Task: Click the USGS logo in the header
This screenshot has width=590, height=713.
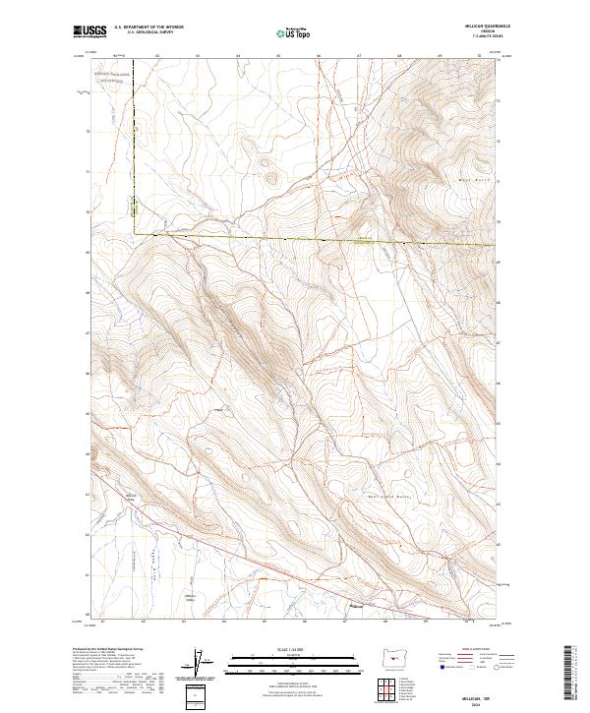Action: tap(90, 31)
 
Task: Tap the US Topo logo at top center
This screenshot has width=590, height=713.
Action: tap(294, 32)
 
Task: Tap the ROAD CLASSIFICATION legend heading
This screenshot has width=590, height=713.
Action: tap(480, 650)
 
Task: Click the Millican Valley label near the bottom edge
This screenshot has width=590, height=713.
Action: tap(191, 597)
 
